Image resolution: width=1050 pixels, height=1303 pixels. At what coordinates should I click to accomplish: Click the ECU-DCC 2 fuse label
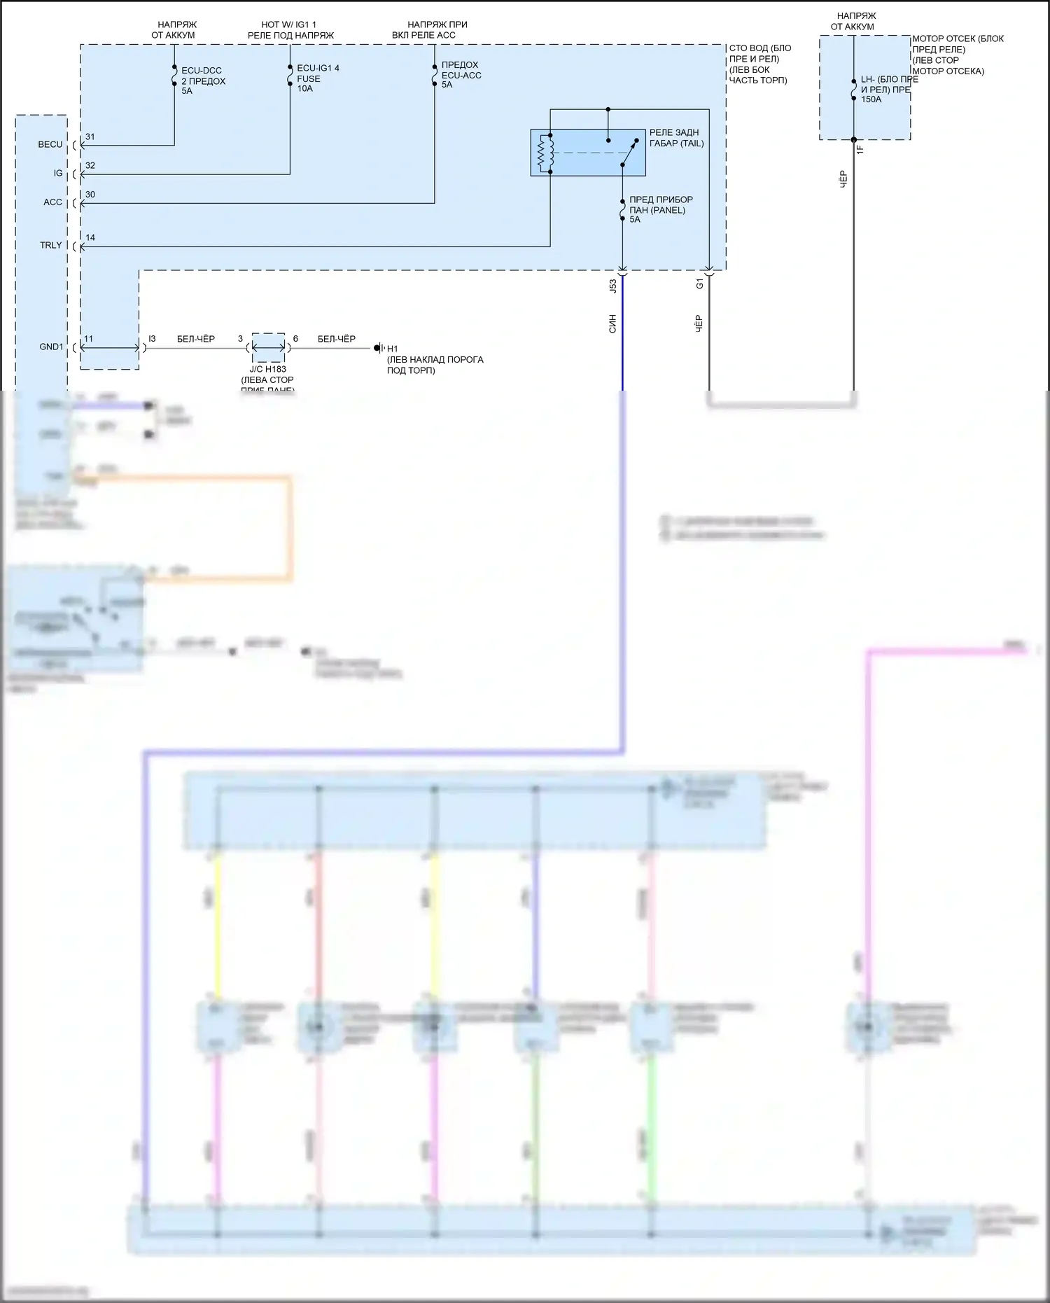203,81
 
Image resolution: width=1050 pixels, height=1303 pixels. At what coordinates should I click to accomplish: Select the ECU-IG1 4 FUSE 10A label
318,78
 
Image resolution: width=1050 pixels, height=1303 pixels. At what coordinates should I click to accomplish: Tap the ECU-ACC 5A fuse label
461,75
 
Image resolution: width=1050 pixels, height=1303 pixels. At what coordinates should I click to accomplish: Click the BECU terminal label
50,144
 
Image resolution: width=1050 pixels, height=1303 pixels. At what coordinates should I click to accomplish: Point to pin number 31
90,137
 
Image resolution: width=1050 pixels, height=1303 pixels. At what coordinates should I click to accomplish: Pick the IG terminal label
58,173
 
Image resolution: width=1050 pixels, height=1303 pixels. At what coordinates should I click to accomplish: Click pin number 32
90,166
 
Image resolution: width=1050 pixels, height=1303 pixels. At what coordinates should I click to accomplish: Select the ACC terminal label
53,202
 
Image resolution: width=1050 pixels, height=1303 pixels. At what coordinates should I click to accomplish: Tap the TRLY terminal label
51,245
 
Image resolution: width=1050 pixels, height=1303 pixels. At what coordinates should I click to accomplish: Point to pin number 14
90,238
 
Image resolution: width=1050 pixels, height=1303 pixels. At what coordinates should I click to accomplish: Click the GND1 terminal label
51,347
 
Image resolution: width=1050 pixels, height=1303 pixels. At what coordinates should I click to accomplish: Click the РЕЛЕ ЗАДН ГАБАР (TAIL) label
676,138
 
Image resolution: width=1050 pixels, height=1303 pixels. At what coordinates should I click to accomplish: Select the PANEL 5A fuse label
660,209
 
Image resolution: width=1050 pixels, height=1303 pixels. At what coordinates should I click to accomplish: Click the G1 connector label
699,284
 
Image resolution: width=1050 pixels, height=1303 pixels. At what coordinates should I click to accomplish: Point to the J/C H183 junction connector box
268,347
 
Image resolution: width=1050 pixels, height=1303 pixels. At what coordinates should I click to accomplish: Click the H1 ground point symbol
379,348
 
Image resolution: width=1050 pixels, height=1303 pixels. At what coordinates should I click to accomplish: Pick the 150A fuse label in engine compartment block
885,90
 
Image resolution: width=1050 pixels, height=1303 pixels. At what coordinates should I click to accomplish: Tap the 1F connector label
860,148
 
